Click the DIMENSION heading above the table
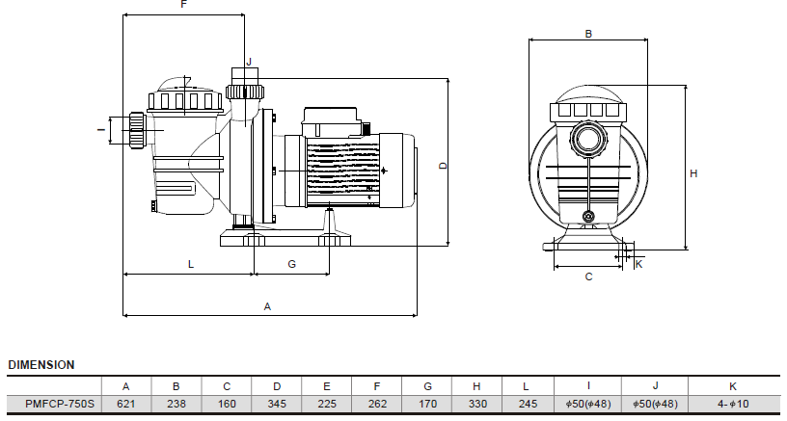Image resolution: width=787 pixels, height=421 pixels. [x=41, y=365]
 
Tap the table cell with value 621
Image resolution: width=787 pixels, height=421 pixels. [x=125, y=404]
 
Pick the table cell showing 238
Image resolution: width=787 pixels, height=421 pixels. [x=176, y=404]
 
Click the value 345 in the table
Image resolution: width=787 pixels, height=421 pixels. [x=277, y=404]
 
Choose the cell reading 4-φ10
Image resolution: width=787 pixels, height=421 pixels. [x=733, y=404]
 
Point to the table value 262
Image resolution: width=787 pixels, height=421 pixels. [x=377, y=404]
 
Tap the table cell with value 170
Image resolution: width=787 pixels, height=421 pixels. [x=427, y=404]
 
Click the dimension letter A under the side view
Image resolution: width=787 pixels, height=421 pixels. [x=268, y=306]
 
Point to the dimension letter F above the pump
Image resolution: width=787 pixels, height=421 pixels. [x=184, y=6]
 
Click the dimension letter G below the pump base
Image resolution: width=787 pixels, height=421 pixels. [x=291, y=263]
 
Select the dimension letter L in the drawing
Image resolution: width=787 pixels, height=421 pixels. [x=190, y=263]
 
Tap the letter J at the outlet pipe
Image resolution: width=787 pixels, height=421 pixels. [x=248, y=62]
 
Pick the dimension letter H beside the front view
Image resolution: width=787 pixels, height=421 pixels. [x=693, y=173]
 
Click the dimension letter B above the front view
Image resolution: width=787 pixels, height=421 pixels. [x=588, y=34]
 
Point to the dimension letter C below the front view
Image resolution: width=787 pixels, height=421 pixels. [x=588, y=276]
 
